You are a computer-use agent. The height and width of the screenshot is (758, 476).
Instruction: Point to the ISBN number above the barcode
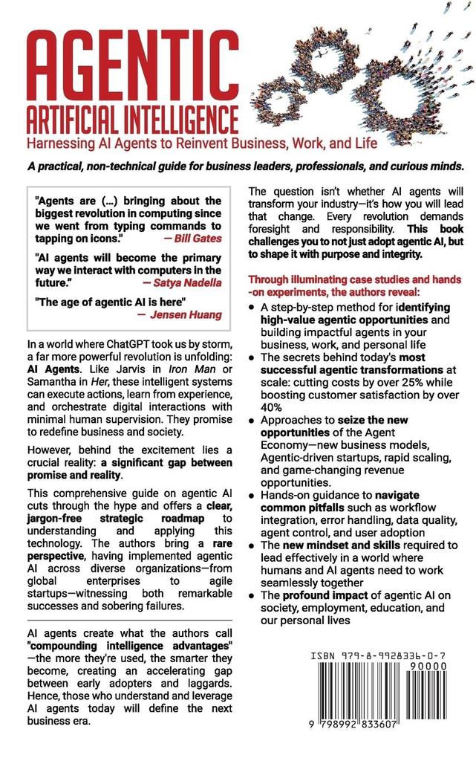385,657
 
